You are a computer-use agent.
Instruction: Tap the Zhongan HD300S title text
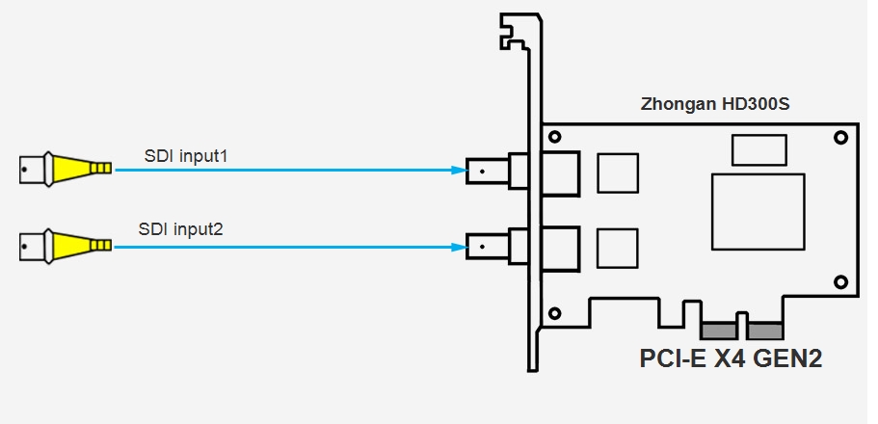click(x=715, y=104)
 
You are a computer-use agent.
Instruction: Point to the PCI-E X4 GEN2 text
click(x=732, y=358)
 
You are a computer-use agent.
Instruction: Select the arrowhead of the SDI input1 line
click(x=458, y=171)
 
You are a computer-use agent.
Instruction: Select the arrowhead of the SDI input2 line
click(x=458, y=248)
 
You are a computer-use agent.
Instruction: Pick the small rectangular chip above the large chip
click(x=758, y=150)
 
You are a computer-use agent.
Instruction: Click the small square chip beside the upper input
click(x=617, y=172)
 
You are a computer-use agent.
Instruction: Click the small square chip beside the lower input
click(x=617, y=248)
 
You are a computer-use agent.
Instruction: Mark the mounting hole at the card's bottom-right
click(x=839, y=281)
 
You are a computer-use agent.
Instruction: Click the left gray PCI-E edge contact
click(x=717, y=331)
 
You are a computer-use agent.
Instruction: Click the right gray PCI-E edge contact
click(x=763, y=331)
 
